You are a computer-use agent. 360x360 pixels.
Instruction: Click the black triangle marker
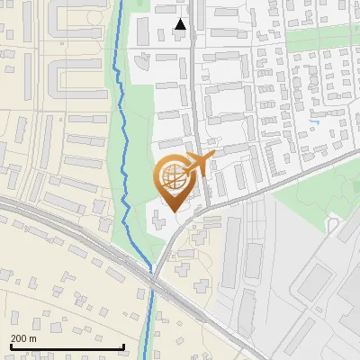pyautogui.click(x=180, y=24)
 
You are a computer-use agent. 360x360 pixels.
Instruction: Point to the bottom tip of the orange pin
pyautogui.click(x=172, y=211)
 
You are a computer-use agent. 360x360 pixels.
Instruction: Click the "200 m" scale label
pyautogui.click(x=24, y=338)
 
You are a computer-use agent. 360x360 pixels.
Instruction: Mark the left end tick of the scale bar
pyautogui.click(x=10, y=346)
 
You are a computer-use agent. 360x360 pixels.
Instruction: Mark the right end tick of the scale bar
pyautogui.click(x=123, y=346)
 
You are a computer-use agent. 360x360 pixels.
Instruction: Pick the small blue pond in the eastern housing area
pyautogui.click(x=314, y=121)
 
